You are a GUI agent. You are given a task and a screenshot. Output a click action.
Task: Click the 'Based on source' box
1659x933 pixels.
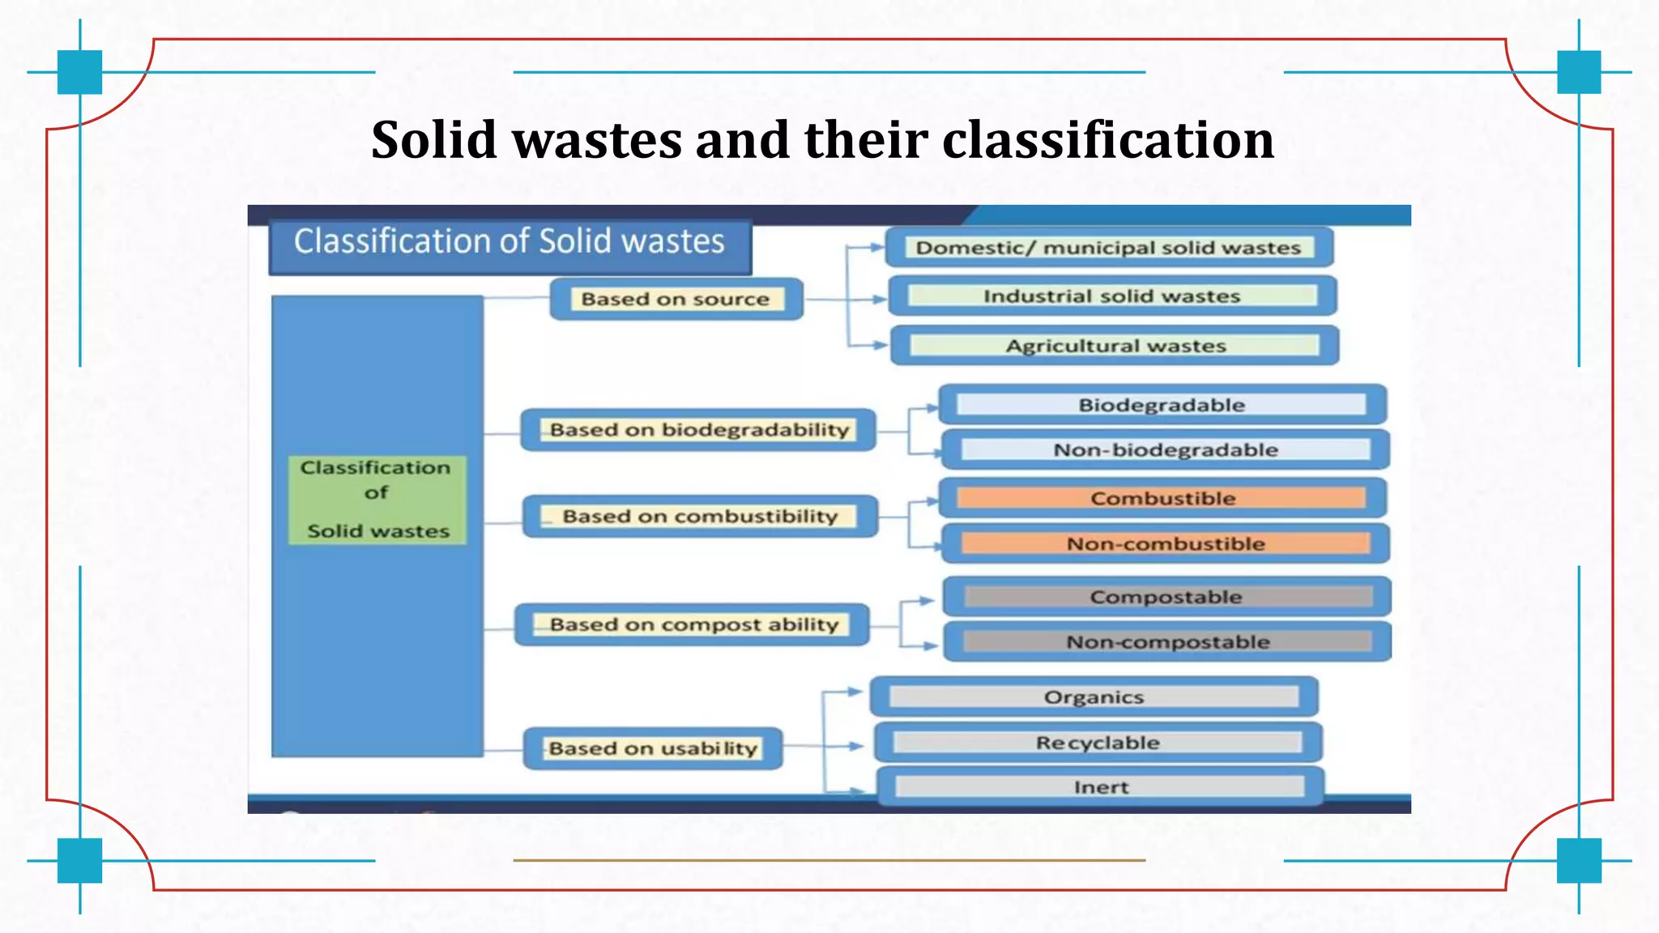point(676,299)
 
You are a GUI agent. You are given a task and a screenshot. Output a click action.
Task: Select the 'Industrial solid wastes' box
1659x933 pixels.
point(1111,296)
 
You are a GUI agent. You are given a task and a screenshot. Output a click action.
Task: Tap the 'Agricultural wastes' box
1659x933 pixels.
point(1115,346)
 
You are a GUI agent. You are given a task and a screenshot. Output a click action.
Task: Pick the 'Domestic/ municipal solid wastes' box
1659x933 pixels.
point(1108,247)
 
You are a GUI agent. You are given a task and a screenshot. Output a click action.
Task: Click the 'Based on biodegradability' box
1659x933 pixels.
point(698,429)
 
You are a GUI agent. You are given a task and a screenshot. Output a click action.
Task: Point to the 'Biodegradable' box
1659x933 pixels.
point(1162,404)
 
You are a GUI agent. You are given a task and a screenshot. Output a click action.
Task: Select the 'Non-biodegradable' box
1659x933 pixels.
point(1165,449)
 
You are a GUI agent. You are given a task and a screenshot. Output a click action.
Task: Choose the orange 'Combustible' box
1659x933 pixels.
point(1162,498)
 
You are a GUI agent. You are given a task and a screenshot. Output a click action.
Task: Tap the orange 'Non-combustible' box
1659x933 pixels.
point(1165,543)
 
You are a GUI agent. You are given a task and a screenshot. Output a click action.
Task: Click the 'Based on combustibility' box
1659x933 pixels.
point(700,516)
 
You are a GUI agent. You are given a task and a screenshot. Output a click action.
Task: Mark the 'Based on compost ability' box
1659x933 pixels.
point(693,624)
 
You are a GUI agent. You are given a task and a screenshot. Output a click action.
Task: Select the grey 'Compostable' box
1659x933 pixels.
point(1166,597)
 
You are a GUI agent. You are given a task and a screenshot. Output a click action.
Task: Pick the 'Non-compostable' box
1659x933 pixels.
point(1167,641)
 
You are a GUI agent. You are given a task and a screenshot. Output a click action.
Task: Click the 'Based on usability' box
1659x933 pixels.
point(653,748)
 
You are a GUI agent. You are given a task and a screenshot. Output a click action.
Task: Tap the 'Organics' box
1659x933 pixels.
point(1094,697)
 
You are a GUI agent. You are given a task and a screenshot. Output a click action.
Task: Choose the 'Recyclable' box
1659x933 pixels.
point(1098,743)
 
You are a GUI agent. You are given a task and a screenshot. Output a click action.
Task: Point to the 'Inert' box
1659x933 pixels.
point(1100,786)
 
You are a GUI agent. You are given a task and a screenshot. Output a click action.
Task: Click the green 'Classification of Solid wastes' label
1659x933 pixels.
point(377,499)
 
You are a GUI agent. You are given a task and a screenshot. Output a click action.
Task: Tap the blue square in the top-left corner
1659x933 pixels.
point(79,72)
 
